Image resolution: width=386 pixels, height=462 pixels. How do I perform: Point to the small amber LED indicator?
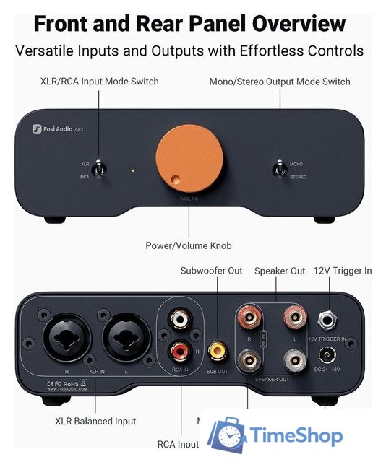132,171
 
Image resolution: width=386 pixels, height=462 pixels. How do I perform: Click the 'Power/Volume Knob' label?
188,245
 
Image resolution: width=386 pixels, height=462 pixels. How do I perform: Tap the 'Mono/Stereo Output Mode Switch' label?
280,82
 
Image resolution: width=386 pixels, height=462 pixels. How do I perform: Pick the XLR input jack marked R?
67,337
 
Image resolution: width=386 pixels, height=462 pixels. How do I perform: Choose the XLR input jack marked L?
124,337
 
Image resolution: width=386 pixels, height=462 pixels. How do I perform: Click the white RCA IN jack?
179,318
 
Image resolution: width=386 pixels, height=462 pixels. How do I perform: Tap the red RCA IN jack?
179,352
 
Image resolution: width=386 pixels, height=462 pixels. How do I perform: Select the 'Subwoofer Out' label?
211,271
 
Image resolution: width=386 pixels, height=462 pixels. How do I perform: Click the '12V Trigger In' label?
342,271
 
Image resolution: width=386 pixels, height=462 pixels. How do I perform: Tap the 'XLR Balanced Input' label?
95,421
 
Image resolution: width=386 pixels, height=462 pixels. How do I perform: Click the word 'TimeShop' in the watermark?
296,435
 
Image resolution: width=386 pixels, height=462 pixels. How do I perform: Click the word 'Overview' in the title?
293,23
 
